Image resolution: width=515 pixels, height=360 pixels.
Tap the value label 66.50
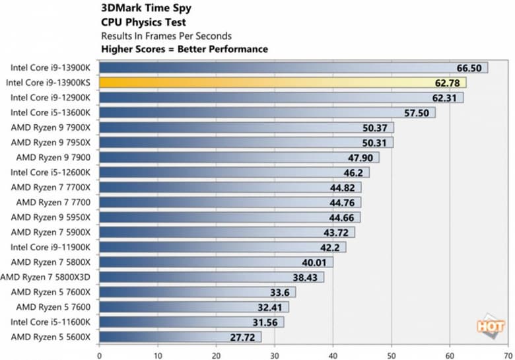click(x=469, y=67)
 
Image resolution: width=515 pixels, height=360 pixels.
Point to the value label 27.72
click(x=244, y=337)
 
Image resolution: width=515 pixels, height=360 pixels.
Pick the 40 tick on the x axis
click(x=333, y=354)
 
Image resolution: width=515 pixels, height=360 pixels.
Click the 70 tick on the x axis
click(x=508, y=354)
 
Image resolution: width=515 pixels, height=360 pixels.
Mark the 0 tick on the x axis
click(x=99, y=354)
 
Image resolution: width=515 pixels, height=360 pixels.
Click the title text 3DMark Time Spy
click(x=140, y=10)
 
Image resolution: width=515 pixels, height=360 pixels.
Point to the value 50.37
click(x=376, y=127)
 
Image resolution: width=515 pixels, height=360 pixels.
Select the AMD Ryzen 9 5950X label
click(x=53, y=217)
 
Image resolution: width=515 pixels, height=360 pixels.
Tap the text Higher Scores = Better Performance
click(x=184, y=48)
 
